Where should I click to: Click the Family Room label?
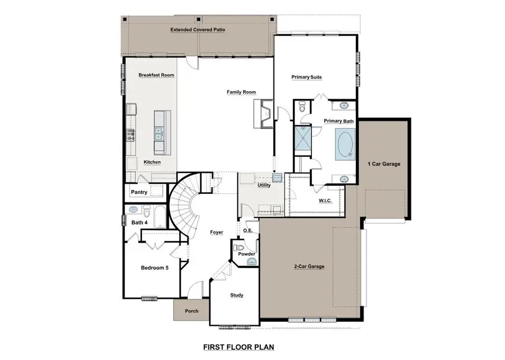(x=241, y=92)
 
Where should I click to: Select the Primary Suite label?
(x=306, y=77)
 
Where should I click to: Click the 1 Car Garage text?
(x=384, y=164)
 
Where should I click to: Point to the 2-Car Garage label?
(x=309, y=266)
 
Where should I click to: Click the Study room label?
(x=237, y=295)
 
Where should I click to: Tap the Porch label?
(x=191, y=311)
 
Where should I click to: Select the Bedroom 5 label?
(x=154, y=268)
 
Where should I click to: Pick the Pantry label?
(x=139, y=192)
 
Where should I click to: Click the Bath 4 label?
(x=139, y=223)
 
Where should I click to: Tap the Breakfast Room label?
(x=157, y=75)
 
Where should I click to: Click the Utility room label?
(x=264, y=185)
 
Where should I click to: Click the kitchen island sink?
(x=159, y=133)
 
